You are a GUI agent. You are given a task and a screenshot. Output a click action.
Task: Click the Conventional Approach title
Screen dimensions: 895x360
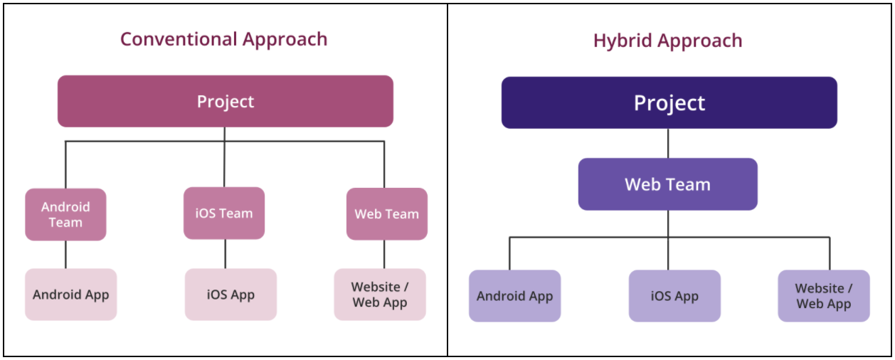pos(223,40)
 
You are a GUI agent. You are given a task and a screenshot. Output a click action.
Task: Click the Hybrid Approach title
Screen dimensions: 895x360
pos(667,41)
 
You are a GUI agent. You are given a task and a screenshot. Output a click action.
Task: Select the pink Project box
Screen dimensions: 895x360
pos(226,101)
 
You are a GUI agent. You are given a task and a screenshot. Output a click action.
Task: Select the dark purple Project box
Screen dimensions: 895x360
pos(669,102)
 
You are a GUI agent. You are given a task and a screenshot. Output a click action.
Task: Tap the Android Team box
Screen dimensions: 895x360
pos(65,215)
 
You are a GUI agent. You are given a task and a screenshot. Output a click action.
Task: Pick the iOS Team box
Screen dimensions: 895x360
pos(224,213)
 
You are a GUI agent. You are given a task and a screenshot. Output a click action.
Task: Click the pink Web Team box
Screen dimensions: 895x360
pos(387,213)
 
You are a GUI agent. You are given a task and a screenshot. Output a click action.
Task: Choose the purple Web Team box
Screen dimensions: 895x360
pos(667,184)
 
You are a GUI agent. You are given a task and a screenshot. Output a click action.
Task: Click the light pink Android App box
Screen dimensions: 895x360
pos(71,295)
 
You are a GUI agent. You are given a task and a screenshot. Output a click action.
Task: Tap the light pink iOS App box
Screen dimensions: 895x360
pos(231,295)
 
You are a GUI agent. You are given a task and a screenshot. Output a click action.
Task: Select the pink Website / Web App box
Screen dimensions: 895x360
pos(380,295)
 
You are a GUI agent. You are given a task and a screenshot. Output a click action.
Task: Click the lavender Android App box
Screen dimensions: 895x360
pos(514,296)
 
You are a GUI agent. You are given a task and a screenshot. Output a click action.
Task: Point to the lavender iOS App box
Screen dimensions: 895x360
pos(674,296)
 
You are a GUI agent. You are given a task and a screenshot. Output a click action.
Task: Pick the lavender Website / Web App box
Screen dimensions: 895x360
pos(824,296)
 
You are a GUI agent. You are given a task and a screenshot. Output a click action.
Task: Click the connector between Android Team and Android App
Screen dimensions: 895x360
pos(65,255)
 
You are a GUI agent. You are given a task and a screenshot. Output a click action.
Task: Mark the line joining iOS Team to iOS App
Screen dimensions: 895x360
pos(226,254)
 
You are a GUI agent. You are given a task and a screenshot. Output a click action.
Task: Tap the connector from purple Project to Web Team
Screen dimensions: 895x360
pos(668,144)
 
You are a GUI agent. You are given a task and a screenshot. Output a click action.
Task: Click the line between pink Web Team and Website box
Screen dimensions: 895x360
pos(384,254)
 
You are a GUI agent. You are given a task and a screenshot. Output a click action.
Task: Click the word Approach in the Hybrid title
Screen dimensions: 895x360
pos(700,41)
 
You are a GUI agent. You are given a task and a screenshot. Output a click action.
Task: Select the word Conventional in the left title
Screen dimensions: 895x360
pos(179,39)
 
